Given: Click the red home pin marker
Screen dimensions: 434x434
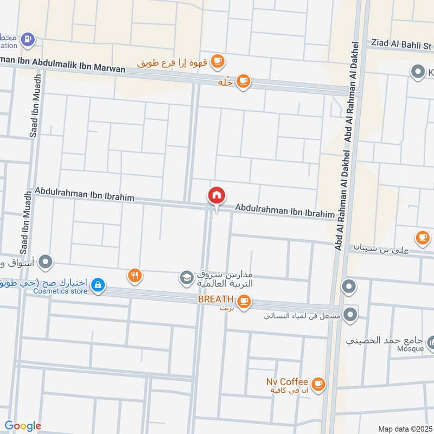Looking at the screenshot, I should click(216, 196).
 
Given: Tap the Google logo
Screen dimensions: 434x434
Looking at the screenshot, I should click(22, 426).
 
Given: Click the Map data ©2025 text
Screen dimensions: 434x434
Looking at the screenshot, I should click(405, 429).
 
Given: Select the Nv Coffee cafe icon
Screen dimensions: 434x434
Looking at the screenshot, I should click(318, 384).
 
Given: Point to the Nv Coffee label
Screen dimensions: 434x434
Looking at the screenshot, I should click(287, 382).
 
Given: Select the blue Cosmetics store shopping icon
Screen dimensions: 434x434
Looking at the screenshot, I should click(98, 284).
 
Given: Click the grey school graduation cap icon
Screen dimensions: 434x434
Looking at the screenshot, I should click(187, 278).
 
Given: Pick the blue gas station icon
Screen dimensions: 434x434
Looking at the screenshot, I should click(28, 39).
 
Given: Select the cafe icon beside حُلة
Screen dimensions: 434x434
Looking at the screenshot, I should click(244, 81).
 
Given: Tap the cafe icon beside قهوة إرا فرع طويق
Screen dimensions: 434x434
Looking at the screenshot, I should click(218, 60).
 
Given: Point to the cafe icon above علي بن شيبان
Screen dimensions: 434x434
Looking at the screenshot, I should click(422, 237).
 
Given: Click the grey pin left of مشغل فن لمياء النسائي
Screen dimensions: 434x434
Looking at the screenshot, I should click(350, 314).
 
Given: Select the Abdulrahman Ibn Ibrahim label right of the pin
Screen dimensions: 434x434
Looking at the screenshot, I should click(284, 210).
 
